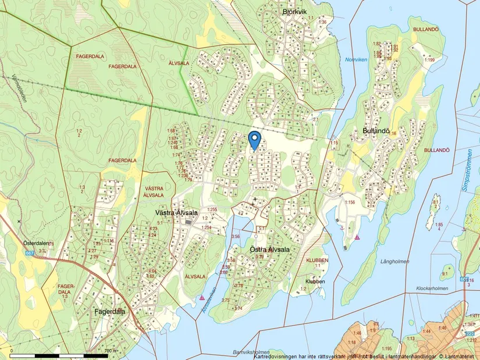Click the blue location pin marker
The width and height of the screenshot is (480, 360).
tap(254, 140)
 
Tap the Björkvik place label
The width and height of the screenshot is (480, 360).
tap(294, 12)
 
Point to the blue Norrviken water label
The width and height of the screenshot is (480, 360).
tap(356, 60)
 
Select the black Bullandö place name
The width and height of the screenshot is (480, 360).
tap(376, 132)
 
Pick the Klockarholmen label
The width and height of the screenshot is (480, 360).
tap(433, 288)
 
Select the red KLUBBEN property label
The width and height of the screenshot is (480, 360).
tap(317, 260)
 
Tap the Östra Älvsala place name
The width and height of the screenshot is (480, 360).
tap(269, 249)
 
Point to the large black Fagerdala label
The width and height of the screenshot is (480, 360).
tap(109, 312)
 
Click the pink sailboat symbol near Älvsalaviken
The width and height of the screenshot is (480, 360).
tap(201, 297)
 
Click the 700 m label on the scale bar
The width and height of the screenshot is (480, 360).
tap(108, 351)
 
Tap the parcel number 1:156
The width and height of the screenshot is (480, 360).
tap(349, 202)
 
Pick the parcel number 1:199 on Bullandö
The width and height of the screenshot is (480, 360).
tap(429, 60)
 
